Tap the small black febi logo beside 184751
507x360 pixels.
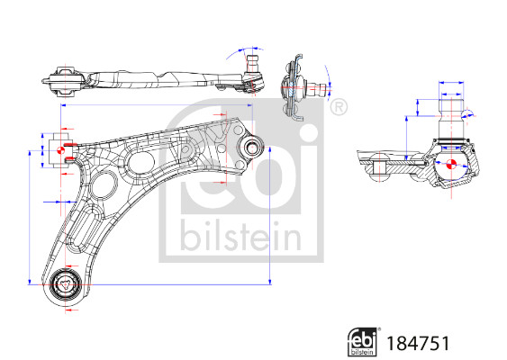pos(364,342)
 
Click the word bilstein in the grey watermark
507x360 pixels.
pos(238,236)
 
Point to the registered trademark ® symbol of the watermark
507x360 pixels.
pos(338,109)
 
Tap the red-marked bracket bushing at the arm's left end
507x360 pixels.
pos(61,149)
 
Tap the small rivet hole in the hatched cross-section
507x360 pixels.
pos(384,167)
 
